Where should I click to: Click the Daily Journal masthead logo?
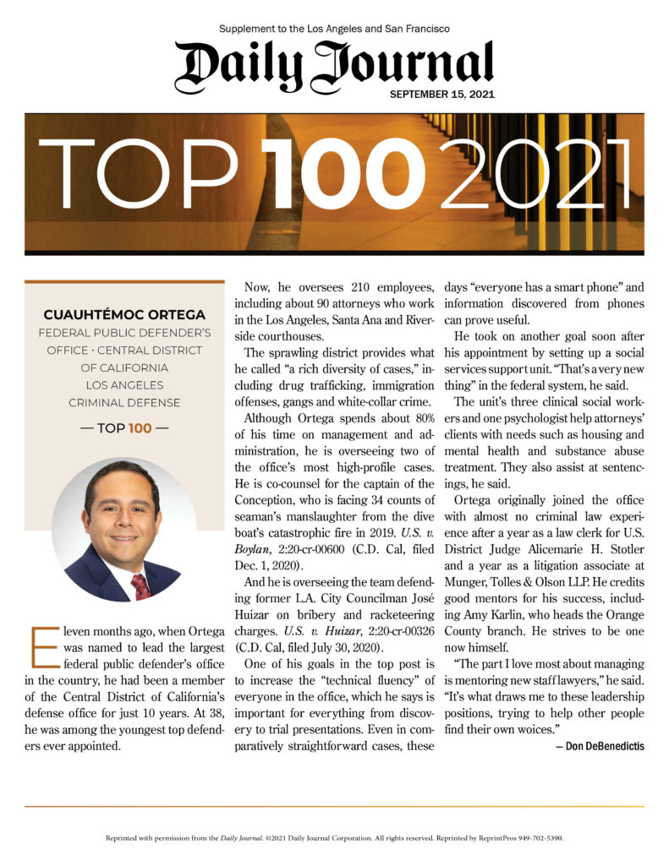point(334,65)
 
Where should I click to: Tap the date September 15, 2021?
point(441,94)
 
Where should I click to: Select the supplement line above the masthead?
point(334,29)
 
